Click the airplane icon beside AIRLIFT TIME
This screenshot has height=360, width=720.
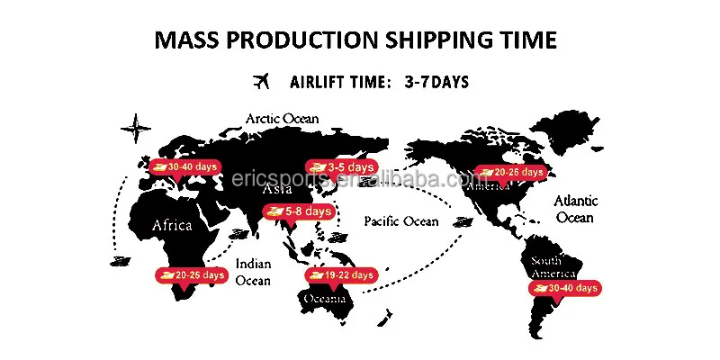pyautogui.click(x=262, y=82)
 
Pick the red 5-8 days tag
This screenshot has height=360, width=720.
pyautogui.click(x=298, y=211)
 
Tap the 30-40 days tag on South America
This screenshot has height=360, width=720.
pyautogui.click(x=564, y=288)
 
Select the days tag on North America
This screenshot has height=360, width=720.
pyautogui.click(x=510, y=172)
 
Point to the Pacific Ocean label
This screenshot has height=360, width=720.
pyautogui.click(x=400, y=220)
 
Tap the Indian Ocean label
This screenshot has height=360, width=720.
pyautogui.click(x=253, y=272)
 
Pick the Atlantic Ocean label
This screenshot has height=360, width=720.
pyautogui.click(x=575, y=210)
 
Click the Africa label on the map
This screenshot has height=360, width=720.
pyautogui.click(x=172, y=225)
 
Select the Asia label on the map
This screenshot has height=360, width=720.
pyautogui.click(x=276, y=190)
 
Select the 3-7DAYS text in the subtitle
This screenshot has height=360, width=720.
pyautogui.click(x=436, y=82)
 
